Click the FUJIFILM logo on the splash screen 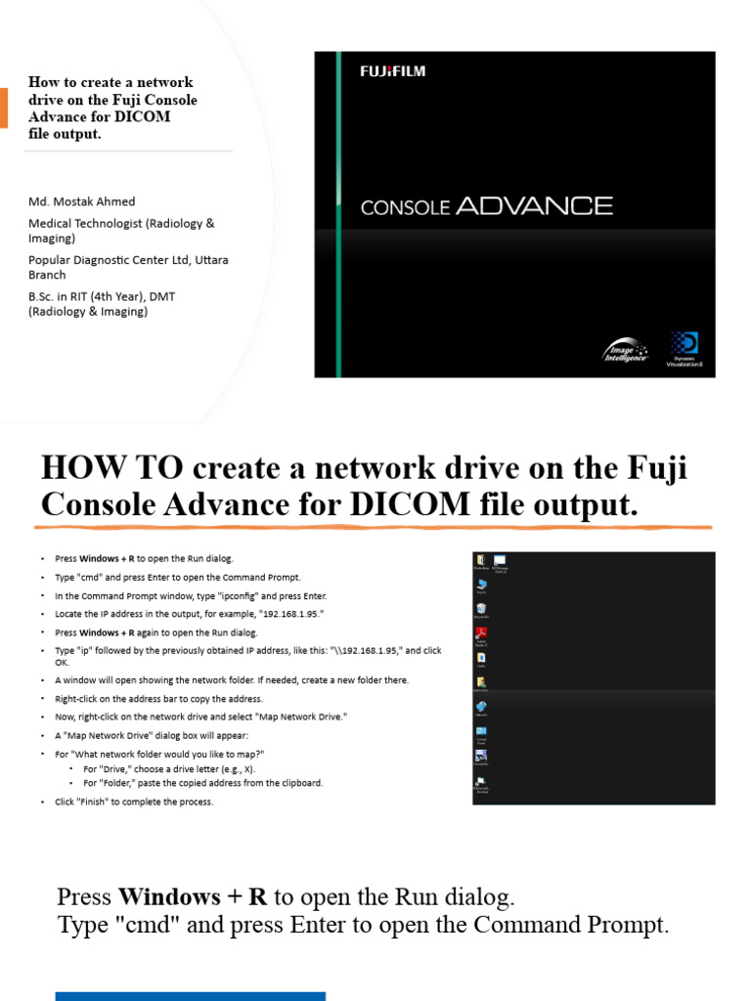coord(392,70)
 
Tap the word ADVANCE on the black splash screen coord(534,205)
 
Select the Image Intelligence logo coord(625,351)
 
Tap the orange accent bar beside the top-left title coord(3,108)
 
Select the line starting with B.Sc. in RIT coord(102,296)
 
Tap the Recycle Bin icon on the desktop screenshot coord(481,610)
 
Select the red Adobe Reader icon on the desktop coord(481,633)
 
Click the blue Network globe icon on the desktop coord(481,707)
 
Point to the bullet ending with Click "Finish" coord(134,802)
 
